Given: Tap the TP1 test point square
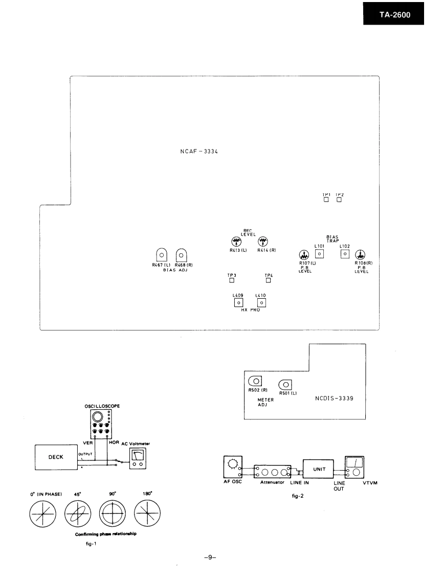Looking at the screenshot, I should [326, 200].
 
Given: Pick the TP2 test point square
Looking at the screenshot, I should [339, 200].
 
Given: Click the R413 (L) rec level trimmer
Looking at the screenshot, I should [236, 241].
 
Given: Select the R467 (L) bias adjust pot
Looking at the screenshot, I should [161, 255].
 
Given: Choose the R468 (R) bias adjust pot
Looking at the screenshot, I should [181, 255].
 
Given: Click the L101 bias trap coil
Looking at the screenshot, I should [320, 253].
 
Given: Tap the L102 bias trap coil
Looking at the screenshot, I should [345, 253].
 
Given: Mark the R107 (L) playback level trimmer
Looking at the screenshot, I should [303, 255].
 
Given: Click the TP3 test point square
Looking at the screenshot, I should [232, 280].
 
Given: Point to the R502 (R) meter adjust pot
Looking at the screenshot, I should [255, 381].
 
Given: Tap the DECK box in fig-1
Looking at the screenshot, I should [55, 457].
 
